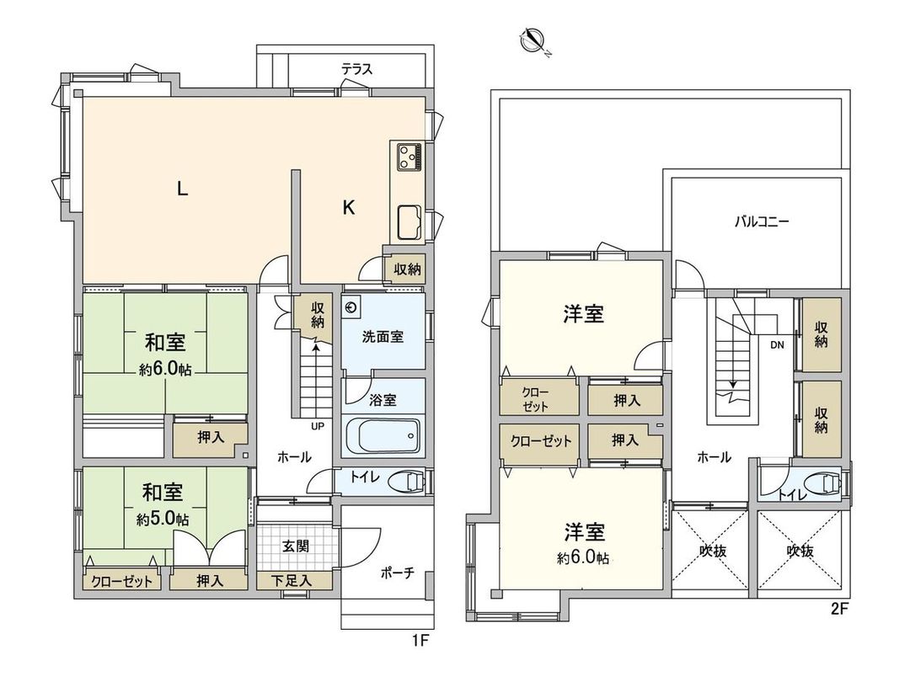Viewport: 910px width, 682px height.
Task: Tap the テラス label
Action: (x=356, y=70)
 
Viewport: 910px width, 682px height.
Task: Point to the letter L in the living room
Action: (x=181, y=190)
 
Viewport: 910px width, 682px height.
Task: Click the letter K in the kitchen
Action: (x=347, y=208)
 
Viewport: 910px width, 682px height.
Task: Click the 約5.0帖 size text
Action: (x=163, y=519)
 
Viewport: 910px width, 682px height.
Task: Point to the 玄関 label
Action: (x=295, y=546)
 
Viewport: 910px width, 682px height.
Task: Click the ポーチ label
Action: (x=397, y=573)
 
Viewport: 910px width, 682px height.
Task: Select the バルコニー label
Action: (x=761, y=223)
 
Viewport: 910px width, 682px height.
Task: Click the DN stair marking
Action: (x=776, y=344)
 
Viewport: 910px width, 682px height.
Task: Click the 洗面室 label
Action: (x=383, y=337)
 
